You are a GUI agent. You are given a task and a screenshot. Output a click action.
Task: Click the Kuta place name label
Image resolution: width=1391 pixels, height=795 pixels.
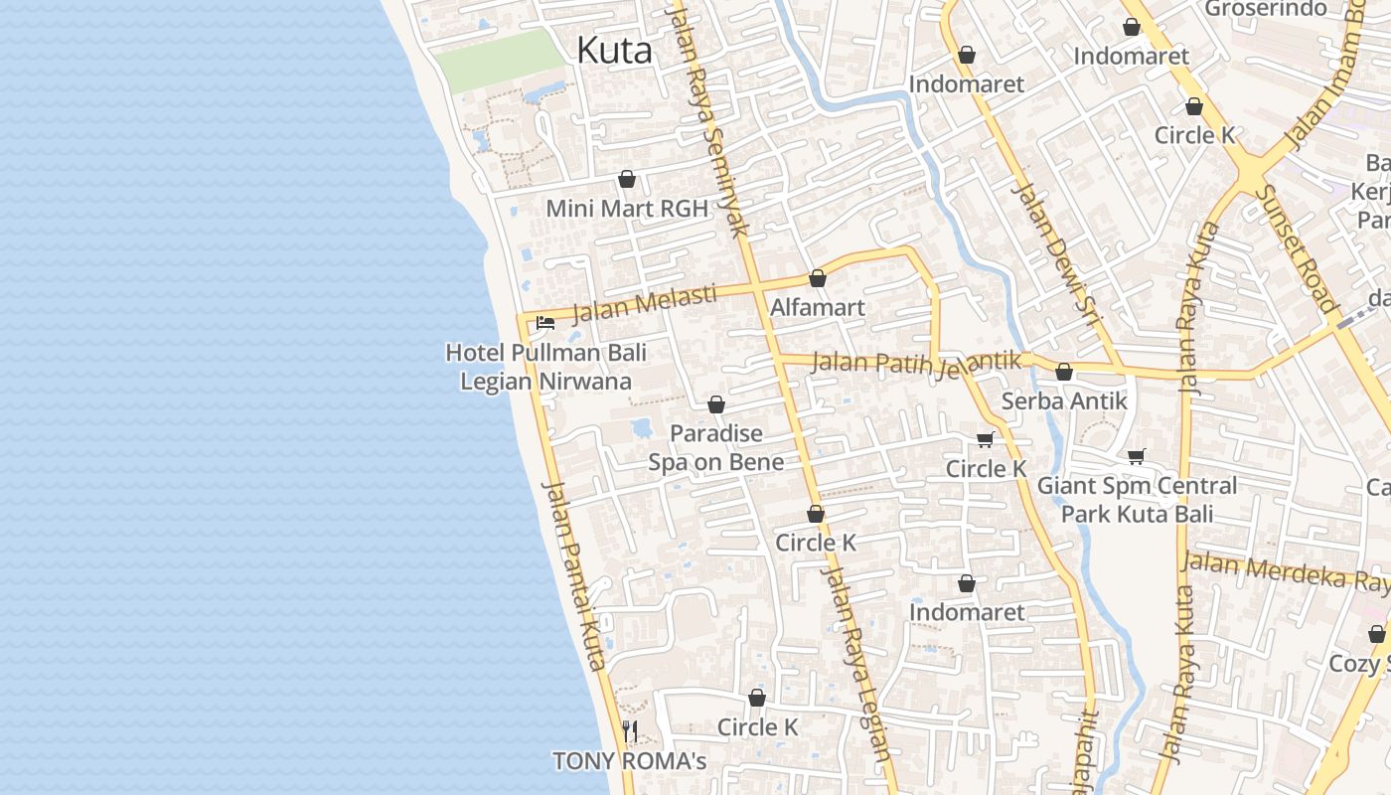(x=614, y=50)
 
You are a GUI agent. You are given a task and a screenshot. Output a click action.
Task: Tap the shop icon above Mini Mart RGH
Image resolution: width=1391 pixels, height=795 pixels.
(x=627, y=179)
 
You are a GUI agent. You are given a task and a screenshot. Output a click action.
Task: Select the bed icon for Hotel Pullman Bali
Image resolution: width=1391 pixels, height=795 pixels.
(x=544, y=322)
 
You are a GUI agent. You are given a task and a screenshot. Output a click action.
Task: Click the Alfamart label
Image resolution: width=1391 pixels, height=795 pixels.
(x=818, y=307)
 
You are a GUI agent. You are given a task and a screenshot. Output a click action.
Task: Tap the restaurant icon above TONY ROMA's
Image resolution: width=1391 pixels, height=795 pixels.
(x=629, y=731)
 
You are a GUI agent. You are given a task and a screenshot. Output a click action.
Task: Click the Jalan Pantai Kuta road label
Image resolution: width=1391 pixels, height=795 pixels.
(x=574, y=576)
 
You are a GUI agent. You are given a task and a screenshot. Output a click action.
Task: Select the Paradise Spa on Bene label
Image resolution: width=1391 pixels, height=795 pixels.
(x=716, y=447)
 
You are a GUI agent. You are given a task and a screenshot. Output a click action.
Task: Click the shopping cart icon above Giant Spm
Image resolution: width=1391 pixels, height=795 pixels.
(x=1137, y=457)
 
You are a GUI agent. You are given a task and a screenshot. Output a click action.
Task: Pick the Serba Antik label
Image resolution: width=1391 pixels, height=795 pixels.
(x=1064, y=400)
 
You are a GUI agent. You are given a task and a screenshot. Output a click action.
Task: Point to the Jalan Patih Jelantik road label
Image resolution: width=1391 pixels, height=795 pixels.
(x=916, y=364)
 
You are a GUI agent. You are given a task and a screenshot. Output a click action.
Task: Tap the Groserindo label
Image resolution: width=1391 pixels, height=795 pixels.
(x=1265, y=9)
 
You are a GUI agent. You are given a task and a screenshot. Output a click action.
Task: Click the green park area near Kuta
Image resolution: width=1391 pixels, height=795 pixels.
(x=499, y=60)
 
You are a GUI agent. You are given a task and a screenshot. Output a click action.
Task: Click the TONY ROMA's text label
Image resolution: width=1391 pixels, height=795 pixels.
(x=629, y=761)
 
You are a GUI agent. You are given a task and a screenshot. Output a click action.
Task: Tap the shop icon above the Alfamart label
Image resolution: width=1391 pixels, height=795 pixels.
(x=818, y=278)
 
